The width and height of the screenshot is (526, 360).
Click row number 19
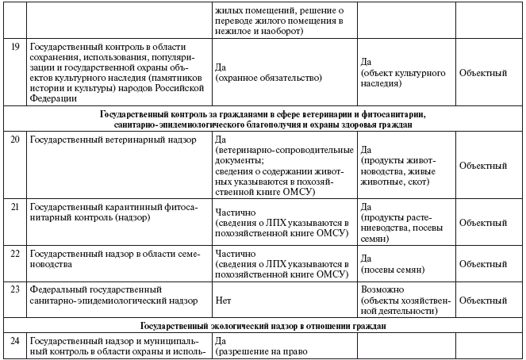click(13, 48)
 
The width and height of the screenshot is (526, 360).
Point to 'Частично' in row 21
click(236, 212)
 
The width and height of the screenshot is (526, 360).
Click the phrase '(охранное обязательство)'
click(267, 79)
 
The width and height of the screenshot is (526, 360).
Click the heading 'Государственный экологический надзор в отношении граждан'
click(263, 326)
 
